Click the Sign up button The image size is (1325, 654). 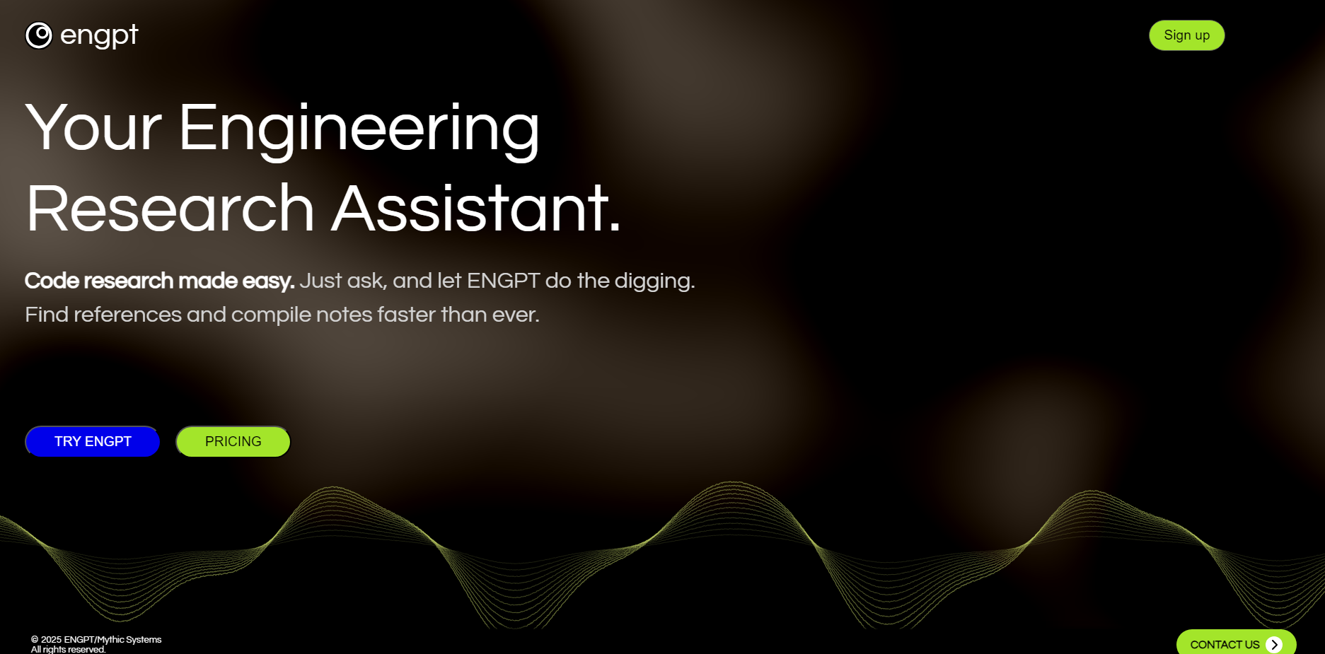pos(1186,35)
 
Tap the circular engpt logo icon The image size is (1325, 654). pos(39,35)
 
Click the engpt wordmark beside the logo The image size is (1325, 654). pos(99,35)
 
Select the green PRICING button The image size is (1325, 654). pos(233,441)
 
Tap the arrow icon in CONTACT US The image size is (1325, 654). pos(1274,644)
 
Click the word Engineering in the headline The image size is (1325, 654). pos(359,129)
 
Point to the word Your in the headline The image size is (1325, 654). pos(94,128)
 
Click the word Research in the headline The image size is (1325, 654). pos(170,209)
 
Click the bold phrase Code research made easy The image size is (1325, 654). pos(160,281)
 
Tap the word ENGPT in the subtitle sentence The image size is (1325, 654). pos(504,281)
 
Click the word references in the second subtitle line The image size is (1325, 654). pos(128,315)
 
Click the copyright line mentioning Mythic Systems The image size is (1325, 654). pos(96,639)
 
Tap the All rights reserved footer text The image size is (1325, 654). pos(68,649)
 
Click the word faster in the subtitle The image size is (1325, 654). pos(407,315)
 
